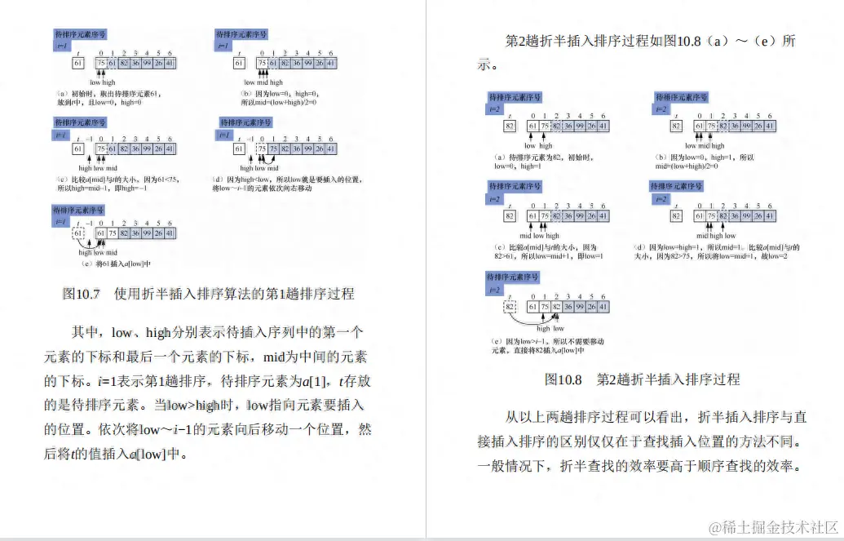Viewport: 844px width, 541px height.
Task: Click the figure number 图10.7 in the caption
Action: [x=81, y=293]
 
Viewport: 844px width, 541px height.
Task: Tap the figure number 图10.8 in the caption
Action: [x=563, y=379]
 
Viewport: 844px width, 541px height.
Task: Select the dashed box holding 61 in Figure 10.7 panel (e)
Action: [x=78, y=235]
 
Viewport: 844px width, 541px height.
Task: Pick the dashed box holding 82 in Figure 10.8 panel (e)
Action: [x=510, y=307]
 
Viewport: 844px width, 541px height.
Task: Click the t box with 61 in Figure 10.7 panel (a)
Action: [x=78, y=64]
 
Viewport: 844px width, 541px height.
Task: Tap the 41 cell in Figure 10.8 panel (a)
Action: [x=603, y=126]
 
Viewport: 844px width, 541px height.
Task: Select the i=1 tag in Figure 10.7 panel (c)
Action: [x=61, y=135]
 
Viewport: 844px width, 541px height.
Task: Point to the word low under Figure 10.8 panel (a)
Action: [x=529, y=146]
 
